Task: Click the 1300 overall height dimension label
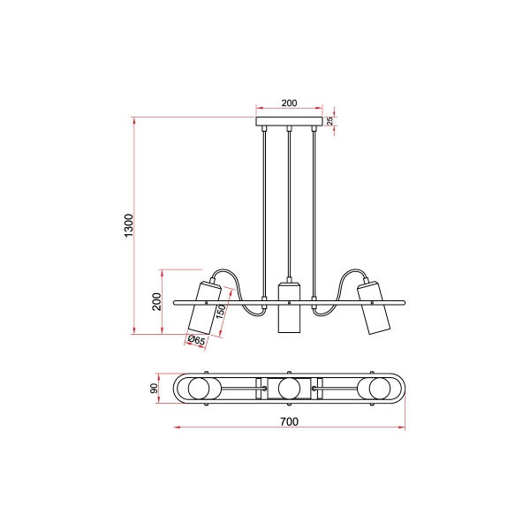click(129, 225)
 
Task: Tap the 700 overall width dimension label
click(290, 421)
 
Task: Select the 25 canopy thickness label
click(330, 121)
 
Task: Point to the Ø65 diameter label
click(196, 340)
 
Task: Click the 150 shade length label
click(220, 312)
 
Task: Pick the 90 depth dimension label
click(154, 389)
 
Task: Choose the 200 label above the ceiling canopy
click(290, 102)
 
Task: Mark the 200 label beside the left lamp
click(156, 301)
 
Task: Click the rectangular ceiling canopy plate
click(289, 121)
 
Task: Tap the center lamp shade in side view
click(289, 307)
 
